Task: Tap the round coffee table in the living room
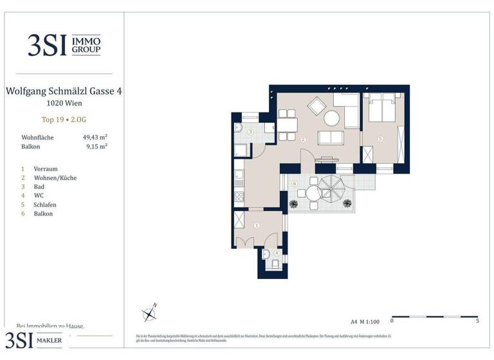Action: (x=332, y=118)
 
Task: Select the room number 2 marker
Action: (x=302, y=139)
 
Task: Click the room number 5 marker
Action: (x=381, y=138)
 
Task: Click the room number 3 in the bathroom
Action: (x=250, y=131)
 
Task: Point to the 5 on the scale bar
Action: (x=477, y=319)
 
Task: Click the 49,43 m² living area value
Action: (x=95, y=137)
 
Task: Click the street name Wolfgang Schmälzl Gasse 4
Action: (x=64, y=91)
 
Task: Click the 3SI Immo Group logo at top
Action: (x=64, y=44)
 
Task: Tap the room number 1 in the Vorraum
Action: (x=257, y=225)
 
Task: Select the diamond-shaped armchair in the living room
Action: (x=316, y=104)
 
